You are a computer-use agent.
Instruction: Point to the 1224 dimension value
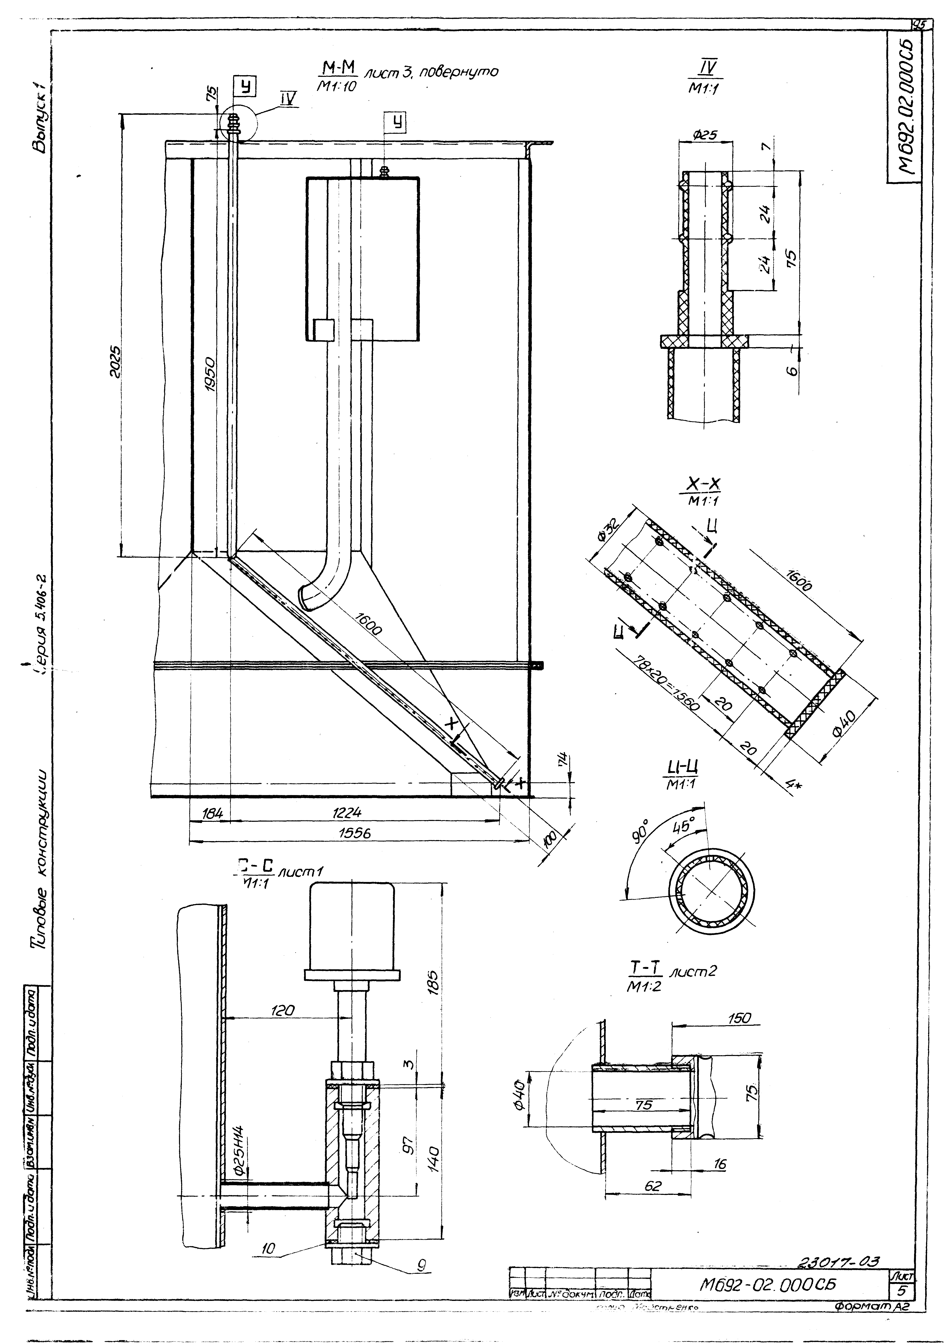347,812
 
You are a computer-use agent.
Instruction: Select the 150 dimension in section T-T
739,1018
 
